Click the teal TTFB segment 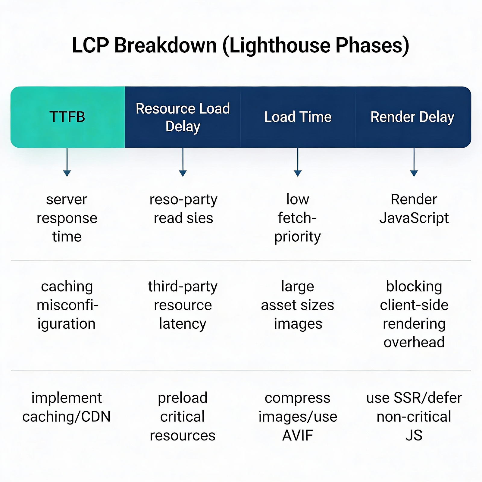[67, 117]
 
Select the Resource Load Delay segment [183, 117]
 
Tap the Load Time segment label [298, 117]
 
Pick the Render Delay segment [412, 117]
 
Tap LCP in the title [90, 45]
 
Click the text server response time [67, 218]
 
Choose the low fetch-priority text [297, 218]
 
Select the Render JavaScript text [414, 208]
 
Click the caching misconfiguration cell [67, 305]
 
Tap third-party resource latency [183, 305]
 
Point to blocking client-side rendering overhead [414, 314]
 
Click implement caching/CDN [67, 407]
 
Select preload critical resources [183, 416]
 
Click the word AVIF [298, 435]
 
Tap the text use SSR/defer [414, 398]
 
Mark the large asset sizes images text [298, 305]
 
